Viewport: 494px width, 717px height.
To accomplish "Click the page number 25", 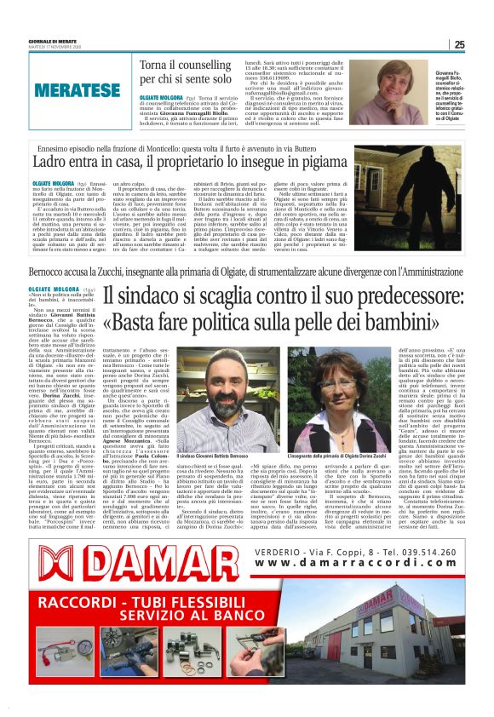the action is coord(459,44).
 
